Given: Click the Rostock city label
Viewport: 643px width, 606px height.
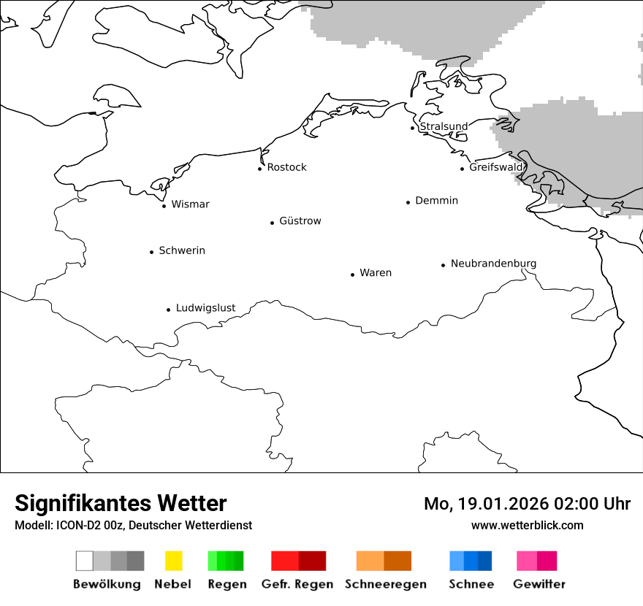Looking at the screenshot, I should pyautogui.click(x=286, y=167).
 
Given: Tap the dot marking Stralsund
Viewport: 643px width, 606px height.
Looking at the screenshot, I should pyautogui.click(x=413, y=128).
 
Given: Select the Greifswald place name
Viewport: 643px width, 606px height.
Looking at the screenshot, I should pyautogui.click(x=496, y=167).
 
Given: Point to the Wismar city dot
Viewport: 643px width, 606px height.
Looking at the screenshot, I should pyautogui.click(x=164, y=206).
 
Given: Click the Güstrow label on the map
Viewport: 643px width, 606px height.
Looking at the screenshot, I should pyautogui.click(x=300, y=220).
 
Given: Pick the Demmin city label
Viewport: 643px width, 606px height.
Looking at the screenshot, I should pyautogui.click(x=436, y=200).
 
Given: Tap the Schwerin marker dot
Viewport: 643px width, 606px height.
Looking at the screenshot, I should pyautogui.click(x=151, y=252).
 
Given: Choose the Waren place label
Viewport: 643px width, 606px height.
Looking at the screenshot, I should pyautogui.click(x=376, y=272).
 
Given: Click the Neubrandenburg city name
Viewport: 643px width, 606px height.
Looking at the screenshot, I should pyautogui.click(x=493, y=263).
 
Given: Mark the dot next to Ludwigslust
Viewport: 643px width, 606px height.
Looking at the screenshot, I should pyautogui.click(x=168, y=310).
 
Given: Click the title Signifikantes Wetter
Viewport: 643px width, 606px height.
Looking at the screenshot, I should pyautogui.click(x=121, y=503).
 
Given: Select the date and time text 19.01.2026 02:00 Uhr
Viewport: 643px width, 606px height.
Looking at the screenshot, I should pyautogui.click(x=527, y=504).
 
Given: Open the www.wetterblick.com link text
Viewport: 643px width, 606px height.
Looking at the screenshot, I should pyautogui.click(x=527, y=525).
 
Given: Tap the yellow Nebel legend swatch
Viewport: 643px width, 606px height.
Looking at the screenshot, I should pyautogui.click(x=173, y=561).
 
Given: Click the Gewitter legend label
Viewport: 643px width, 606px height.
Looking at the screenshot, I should pyautogui.click(x=539, y=584).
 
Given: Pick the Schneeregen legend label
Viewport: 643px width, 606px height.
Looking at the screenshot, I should pyautogui.click(x=385, y=584).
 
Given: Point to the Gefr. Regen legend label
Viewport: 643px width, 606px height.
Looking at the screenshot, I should pyautogui.click(x=297, y=584).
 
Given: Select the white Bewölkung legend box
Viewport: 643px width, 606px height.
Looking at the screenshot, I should pyautogui.click(x=84, y=561).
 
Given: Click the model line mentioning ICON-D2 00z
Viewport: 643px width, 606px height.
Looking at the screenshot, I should pyautogui.click(x=133, y=525).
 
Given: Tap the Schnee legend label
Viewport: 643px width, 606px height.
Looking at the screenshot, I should pyautogui.click(x=471, y=584).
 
